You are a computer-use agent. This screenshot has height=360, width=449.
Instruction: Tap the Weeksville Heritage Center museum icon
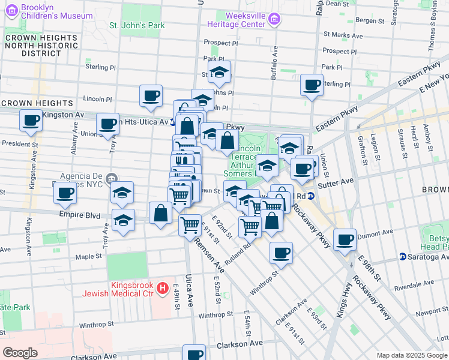click(275, 20)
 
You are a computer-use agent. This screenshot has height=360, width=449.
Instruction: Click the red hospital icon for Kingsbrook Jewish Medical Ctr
click(161, 289)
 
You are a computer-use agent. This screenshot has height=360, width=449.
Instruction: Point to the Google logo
click(20, 353)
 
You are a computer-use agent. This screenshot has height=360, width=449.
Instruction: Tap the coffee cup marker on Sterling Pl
click(312, 85)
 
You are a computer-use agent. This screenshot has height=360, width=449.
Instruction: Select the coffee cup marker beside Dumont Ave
click(345, 239)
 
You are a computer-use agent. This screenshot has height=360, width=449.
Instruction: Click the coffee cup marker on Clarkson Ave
click(193, 353)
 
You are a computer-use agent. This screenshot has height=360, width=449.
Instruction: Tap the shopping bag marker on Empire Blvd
click(160, 213)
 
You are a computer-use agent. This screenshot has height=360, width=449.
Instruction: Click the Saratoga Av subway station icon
click(403, 257)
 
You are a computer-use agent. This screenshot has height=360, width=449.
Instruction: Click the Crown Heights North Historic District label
click(41, 45)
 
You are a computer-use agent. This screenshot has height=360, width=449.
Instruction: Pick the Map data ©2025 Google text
click(411, 355)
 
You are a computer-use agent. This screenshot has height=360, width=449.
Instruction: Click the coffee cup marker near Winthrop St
click(281, 252)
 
